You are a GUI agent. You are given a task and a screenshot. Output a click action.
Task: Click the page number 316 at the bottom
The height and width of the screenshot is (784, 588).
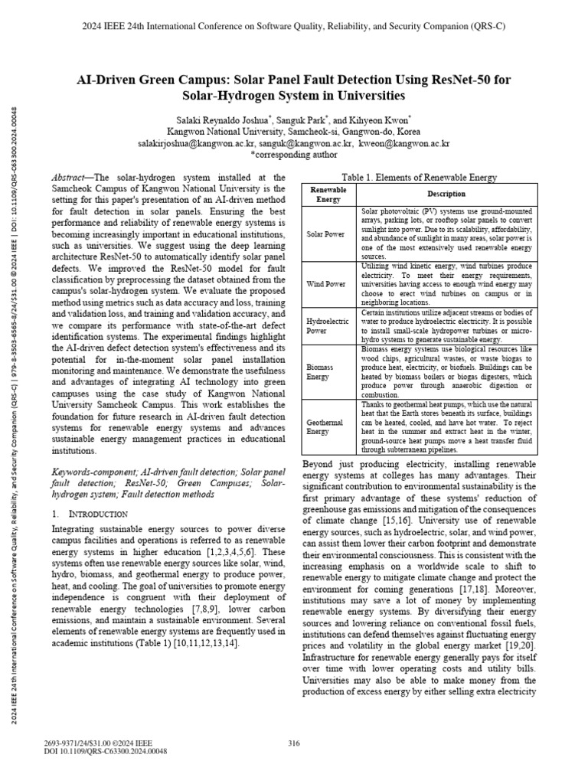(293, 743)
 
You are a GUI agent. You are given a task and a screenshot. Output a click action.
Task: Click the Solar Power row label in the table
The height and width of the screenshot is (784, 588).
(325, 234)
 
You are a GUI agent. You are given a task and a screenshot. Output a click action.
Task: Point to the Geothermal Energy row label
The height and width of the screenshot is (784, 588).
(325, 426)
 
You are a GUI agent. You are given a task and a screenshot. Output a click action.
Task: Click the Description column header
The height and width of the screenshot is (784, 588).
(446, 194)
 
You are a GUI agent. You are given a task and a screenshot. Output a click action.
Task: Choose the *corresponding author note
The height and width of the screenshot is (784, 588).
(293, 154)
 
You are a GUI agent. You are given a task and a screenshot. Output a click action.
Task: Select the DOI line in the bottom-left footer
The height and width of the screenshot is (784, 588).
(107, 751)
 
